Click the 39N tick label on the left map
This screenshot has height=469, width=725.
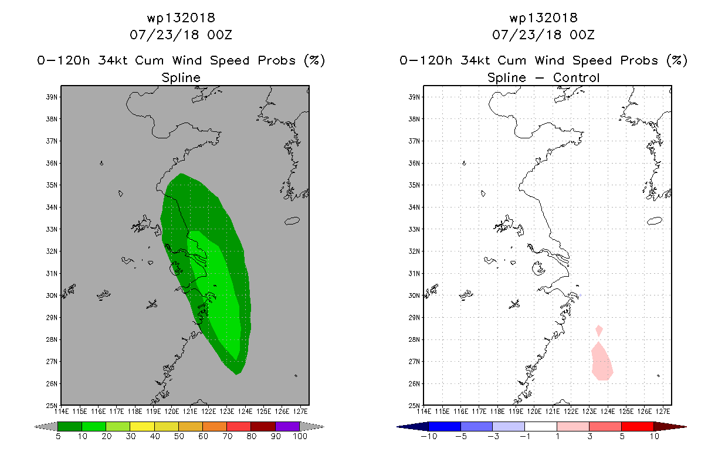52,97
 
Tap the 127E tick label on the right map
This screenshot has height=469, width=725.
663,412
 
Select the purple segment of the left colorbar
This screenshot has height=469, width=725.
287,426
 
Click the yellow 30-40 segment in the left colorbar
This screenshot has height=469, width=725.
142,426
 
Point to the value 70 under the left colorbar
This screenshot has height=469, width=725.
227,436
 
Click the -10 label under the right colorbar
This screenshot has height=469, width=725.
429,436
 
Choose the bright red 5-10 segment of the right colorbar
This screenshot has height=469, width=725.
637,426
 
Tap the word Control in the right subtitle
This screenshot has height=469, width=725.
576,77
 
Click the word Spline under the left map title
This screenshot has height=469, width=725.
181,78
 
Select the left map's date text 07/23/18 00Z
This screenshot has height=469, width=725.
181,35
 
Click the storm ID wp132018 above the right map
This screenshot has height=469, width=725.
543,18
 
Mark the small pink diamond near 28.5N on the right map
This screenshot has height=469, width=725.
599,331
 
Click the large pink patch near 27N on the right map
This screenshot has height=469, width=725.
602,362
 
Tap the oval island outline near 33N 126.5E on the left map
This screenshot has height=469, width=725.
292,221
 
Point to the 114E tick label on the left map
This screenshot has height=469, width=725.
62,412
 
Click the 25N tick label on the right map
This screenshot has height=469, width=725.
414,406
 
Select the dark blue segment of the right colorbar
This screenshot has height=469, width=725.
445,426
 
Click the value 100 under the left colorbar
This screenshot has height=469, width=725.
300,436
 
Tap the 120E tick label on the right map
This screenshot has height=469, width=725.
534,412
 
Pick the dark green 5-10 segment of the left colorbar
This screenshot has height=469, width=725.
70,426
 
